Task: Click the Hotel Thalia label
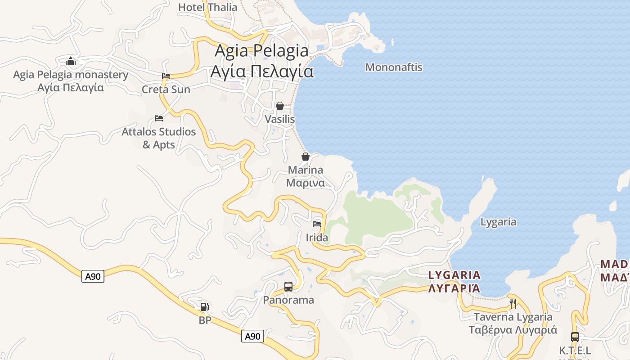point(207,7)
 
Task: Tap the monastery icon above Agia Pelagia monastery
point(71,61)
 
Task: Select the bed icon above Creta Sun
point(166,76)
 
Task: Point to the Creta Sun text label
point(166,89)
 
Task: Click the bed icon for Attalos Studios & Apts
point(159,118)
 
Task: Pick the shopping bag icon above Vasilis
point(280,106)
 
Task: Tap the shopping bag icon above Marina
point(306,157)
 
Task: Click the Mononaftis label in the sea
point(394,67)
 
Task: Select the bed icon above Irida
point(317,224)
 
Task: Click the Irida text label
point(317,238)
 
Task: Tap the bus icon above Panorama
point(288,286)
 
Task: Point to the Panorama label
point(288,300)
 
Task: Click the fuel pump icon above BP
point(204,307)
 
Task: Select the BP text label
point(205,320)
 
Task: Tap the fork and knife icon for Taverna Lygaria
point(513,304)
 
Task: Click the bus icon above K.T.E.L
point(575,337)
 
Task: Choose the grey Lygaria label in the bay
point(498,222)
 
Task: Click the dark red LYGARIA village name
point(454,275)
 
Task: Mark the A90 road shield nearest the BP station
point(252,336)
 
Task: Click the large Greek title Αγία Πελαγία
point(261,71)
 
